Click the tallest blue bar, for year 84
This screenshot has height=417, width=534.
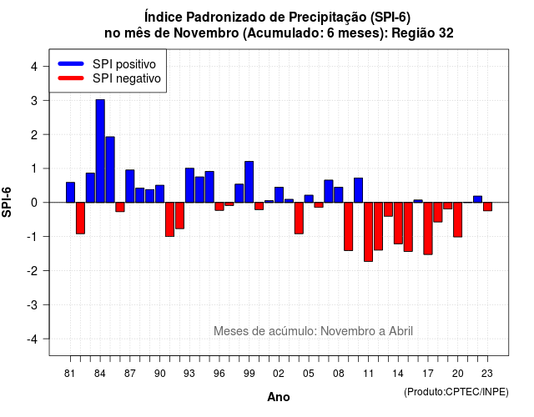[x=100, y=151]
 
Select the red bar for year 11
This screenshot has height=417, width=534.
[x=368, y=232]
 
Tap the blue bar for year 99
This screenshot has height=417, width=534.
[x=249, y=182]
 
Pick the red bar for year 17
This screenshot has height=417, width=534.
[x=428, y=229]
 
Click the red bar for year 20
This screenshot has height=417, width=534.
[x=458, y=219]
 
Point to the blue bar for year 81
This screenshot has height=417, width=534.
[x=70, y=193]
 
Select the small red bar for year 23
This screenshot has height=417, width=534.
[x=487, y=207]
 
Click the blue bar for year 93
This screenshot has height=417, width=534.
[x=189, y=185]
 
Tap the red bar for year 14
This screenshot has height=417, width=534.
[x=398, y=223]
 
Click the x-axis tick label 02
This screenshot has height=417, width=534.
[x=279, y=374]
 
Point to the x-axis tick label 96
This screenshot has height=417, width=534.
[x=219, y=374]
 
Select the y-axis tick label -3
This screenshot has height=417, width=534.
[x=33, y=304]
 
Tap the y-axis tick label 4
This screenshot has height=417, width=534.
[x=34, y=67]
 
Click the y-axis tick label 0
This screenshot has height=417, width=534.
[x=34, y=203]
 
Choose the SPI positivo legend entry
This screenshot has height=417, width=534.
[x=107, y=64]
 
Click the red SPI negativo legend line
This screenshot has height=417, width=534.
[x=71, y=78]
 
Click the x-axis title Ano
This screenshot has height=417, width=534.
[x=279, y=397]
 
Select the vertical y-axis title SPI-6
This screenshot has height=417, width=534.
[x=7, y=202]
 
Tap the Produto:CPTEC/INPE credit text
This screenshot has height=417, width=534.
[x=456, y=392]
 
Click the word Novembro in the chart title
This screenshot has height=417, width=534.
[x=206, y=33]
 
